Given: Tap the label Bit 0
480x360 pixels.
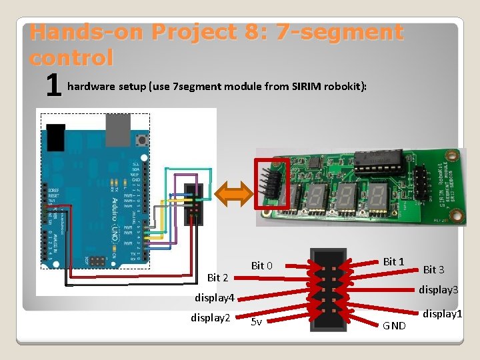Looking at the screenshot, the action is (x=261, y=266).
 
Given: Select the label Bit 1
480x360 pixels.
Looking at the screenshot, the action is (x=394, y=262).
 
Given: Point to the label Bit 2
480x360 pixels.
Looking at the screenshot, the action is (x=218, y=277).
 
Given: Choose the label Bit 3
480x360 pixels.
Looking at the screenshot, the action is (x=433, y=269).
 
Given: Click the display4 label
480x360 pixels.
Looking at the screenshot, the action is (x=214, y=297).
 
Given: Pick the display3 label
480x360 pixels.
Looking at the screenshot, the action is (x=438, y=290).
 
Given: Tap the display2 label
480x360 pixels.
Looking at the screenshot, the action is (x=210, y=317).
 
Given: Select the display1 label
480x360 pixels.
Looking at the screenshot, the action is (x=441, y=313).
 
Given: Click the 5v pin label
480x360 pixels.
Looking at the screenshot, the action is (x=256, y=323).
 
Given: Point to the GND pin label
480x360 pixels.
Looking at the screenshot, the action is (x=393, y=325).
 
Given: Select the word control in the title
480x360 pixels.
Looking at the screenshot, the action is (x=71, y=57).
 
